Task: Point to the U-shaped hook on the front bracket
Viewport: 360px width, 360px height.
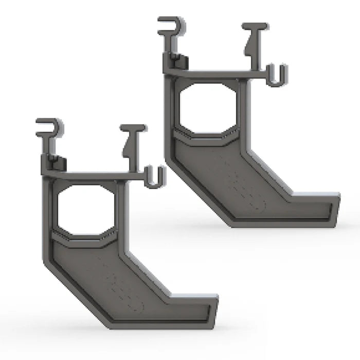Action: pyautogui.click(x=154, y=177)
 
